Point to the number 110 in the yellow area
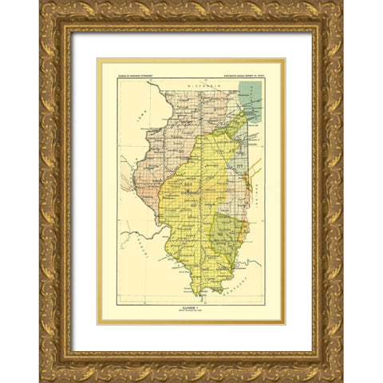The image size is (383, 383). [x=189, y=184]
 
